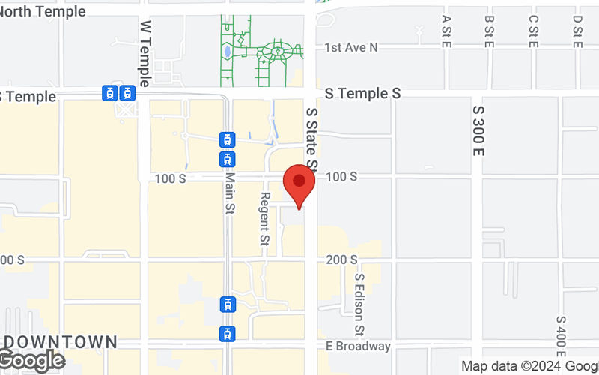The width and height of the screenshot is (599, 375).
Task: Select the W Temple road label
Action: (x=145, y=53)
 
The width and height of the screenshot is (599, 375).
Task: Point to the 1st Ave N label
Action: (x=351, y=47)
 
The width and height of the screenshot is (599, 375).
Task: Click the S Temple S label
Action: (x=363, y=93)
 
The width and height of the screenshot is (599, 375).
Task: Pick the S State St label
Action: (x=312, y=139)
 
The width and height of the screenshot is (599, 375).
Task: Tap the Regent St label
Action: (x=264, y=218)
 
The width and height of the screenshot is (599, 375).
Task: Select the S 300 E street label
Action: (x=478, y=130)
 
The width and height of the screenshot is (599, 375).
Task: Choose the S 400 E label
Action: (x=561, y=335)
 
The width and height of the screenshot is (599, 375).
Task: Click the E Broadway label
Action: (x=358, y=346)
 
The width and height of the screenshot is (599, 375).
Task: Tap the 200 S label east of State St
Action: (x=342, y=259)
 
